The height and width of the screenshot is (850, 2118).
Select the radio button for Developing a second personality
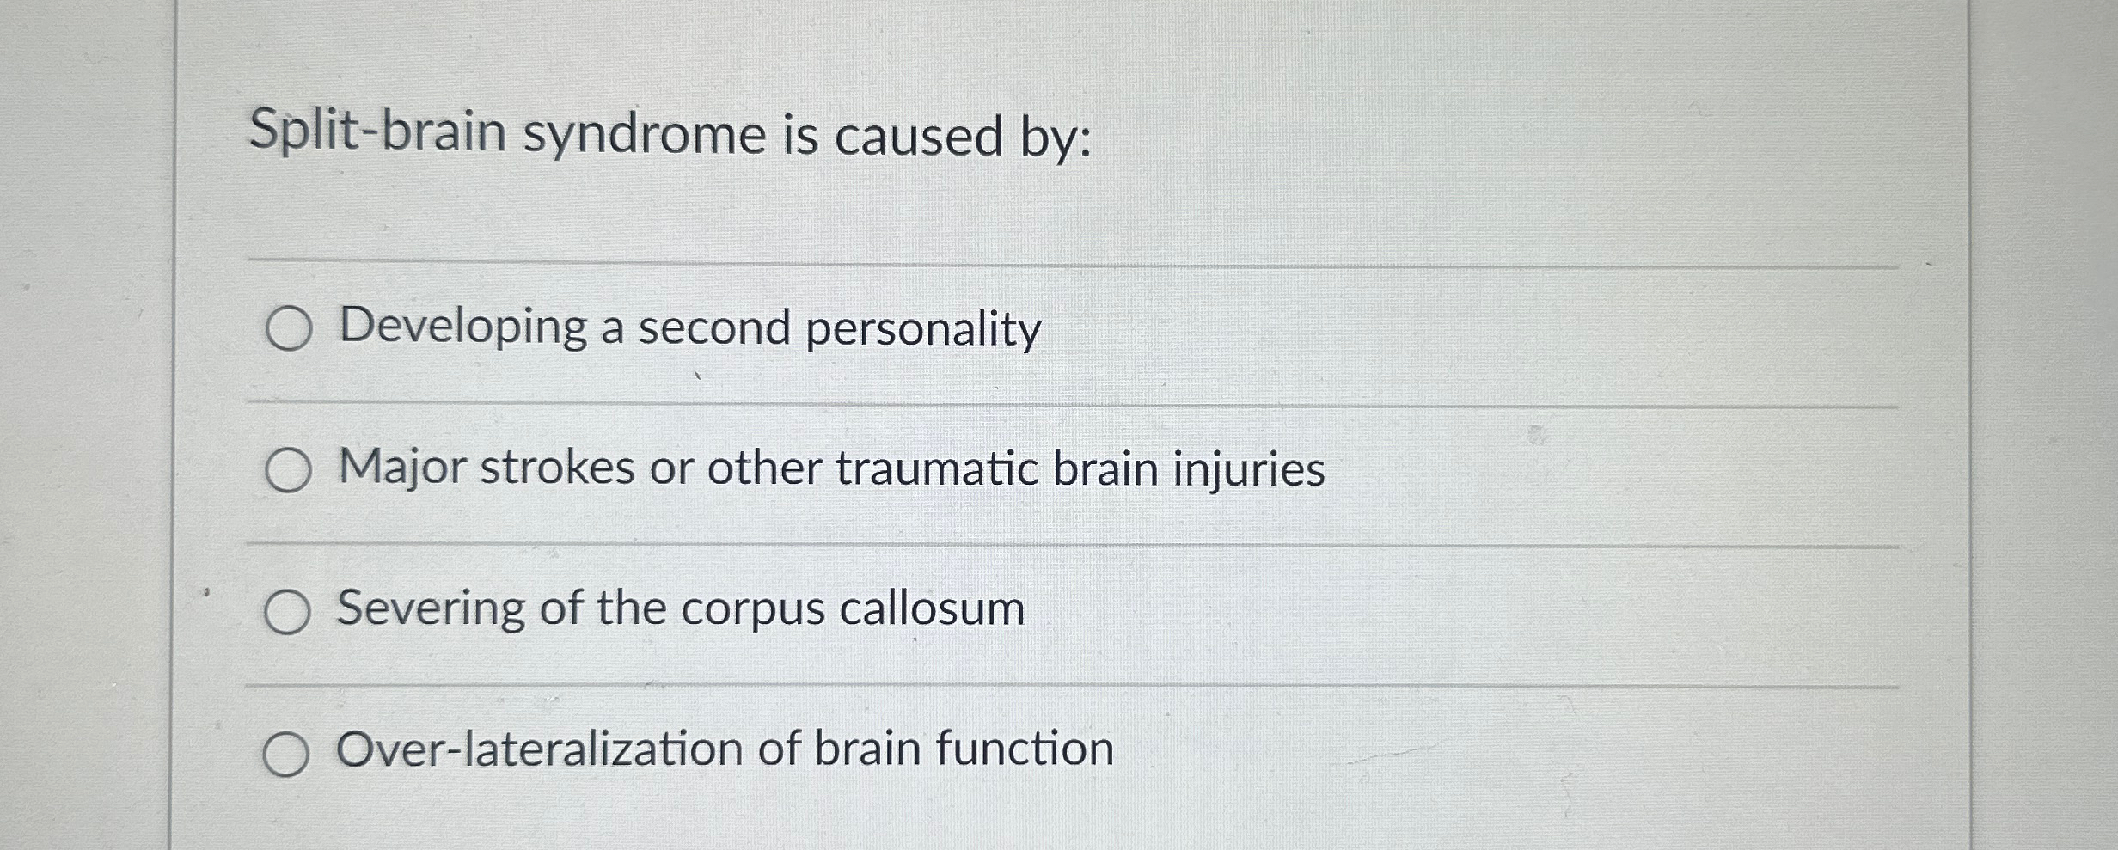[288, 329]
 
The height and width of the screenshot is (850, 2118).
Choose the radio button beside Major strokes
[288, 471]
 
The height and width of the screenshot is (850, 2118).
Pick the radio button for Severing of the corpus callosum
[287, 612]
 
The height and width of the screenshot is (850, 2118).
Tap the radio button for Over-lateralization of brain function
[286, 755]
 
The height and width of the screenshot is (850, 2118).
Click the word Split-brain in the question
[377, 133]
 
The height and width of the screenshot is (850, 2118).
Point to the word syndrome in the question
[645, 137]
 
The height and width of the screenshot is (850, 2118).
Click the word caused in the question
[918, 138]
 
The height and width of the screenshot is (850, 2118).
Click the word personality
[922, 330]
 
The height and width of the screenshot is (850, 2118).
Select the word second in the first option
[713, 328]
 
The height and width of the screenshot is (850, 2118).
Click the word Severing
[431, 609]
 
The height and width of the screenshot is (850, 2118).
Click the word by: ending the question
[1056, 138]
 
